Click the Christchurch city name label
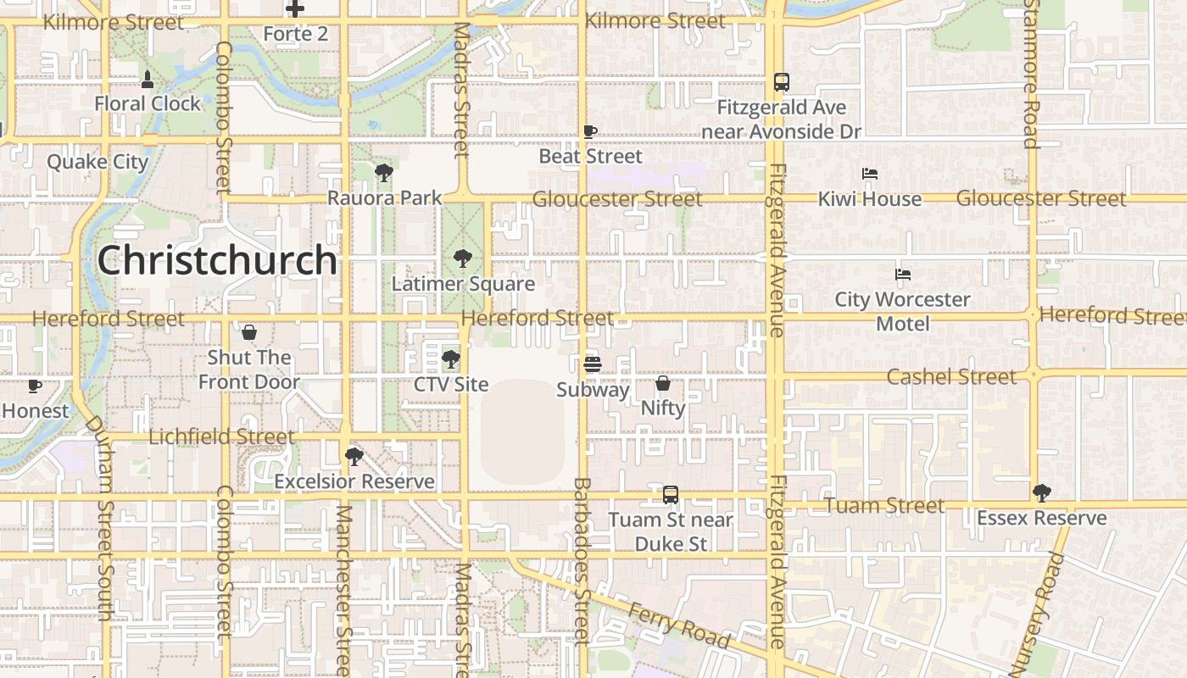[217, 260]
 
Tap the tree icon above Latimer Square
[462, 258]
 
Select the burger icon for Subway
[593, 364]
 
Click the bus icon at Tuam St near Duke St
[671, 494]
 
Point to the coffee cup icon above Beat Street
[590, 131]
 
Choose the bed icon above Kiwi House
[869, 174]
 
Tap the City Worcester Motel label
[902, 312]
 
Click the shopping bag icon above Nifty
[663, 383]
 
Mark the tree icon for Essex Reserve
[1042, 492]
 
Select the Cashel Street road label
[951, 376]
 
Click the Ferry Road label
[678, 625]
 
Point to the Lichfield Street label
[222, 437]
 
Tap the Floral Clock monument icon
[148, 80]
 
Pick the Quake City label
[98, 162]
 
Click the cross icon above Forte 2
[295, 9]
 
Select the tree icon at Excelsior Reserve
[354, 457]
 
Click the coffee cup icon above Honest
[35, 386]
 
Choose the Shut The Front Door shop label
[249, 370]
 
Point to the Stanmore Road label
[1030, 74]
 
